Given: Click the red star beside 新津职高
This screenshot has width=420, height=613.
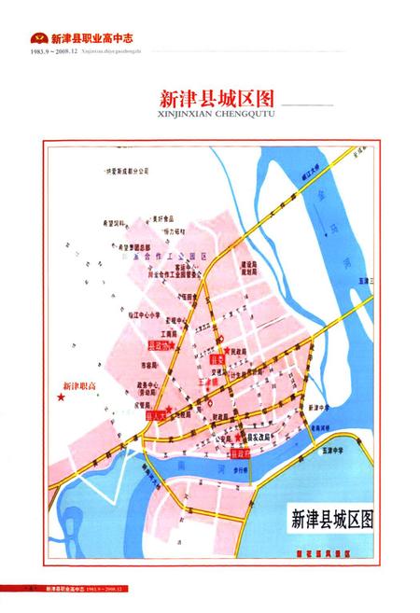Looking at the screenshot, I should [x=62, y=397].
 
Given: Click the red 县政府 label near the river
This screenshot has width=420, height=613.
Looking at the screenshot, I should [x=239, y=453].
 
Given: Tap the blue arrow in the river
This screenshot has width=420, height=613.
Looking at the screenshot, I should [x=322, y=224].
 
